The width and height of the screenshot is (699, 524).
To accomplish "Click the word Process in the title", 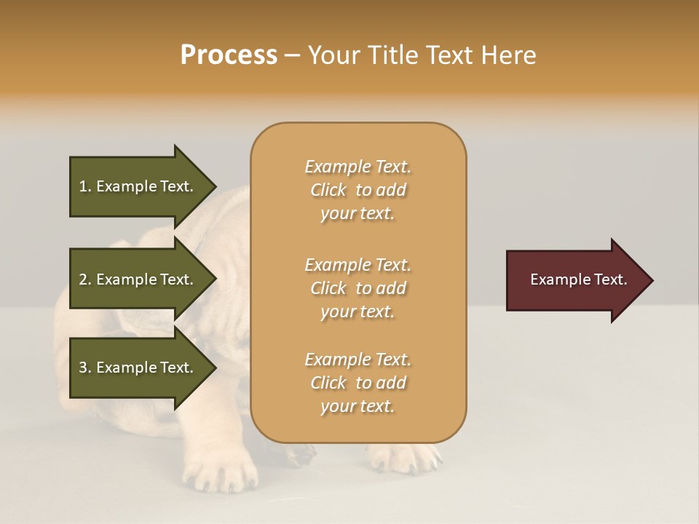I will pos(229,55).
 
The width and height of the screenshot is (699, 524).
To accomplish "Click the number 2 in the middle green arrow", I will pos(83,279).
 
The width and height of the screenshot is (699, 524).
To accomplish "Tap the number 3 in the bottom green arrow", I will pos(83,368).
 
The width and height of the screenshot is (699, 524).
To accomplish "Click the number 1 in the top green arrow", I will pos(82,186).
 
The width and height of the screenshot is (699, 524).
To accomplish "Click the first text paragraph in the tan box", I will pos(358,190).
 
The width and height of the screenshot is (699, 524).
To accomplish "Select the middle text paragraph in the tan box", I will pos(358,288).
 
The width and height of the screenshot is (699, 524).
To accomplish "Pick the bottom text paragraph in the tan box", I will pos(358,383).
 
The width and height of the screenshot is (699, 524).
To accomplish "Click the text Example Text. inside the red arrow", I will pos(578,279).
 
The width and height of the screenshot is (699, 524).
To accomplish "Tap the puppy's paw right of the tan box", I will pos(404,457).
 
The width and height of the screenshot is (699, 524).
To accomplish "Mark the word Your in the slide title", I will pos(333,55).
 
